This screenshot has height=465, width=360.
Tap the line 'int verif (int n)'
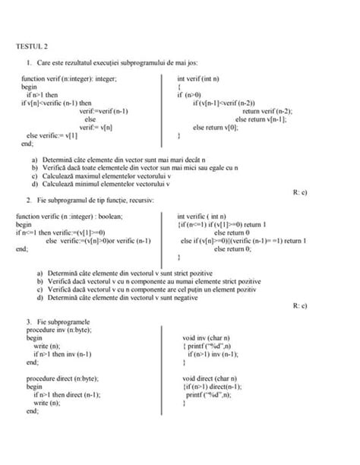coord(200,79)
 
